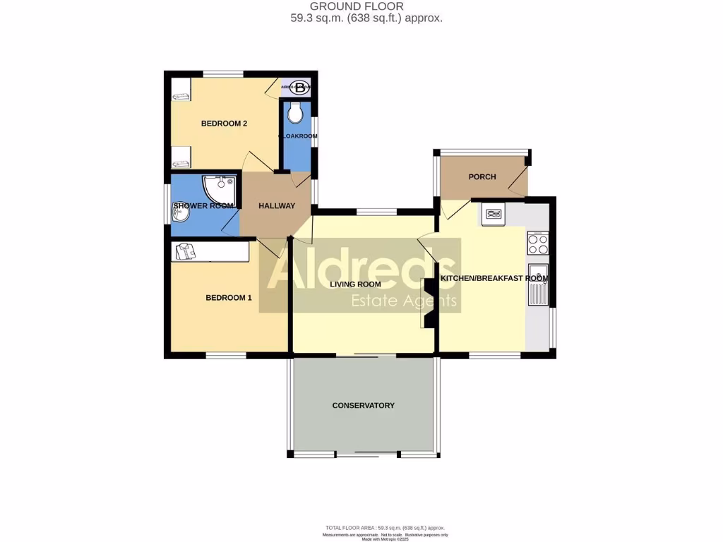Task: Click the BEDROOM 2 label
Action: coord(224,124)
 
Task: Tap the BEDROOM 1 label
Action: coord(228,298)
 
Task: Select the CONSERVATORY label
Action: coord(363,405)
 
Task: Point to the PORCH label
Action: coord(482,176)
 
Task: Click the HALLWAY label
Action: coord(276,206)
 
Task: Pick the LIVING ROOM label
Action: coord(355,284)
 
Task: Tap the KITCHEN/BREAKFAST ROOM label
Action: coord(494,278)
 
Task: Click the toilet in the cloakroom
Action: coord(296,112)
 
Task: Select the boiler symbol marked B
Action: coord(301,88)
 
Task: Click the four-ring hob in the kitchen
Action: coord(538,243)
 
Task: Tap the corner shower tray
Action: coord(220,188)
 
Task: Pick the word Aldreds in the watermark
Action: coord(359,272)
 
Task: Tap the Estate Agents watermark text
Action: coord(405,303)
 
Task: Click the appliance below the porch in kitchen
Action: coord(493,215)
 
